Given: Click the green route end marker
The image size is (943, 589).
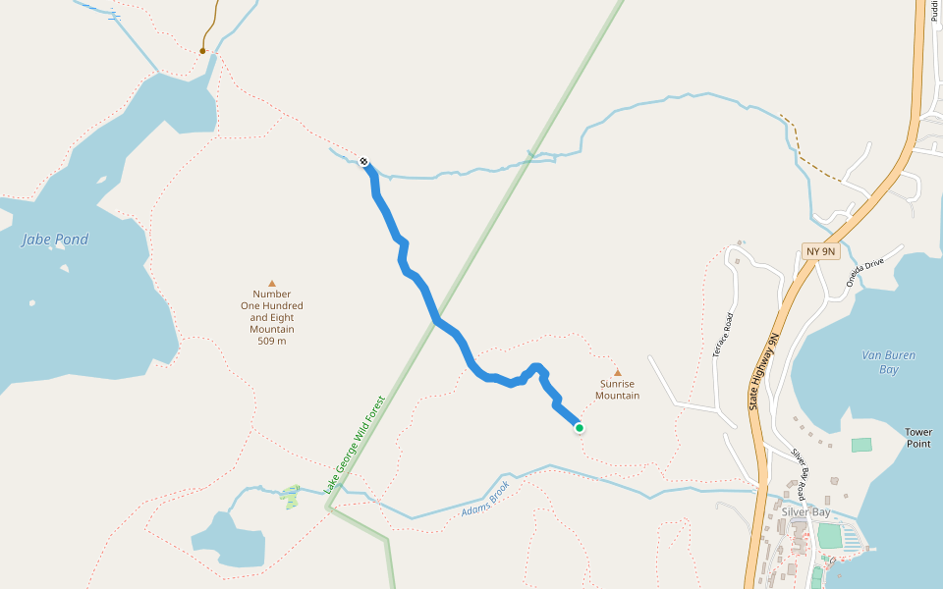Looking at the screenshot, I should click(580, 427).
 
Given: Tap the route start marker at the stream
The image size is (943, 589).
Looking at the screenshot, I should click(364, 161).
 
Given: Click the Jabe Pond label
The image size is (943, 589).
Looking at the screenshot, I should click(55, 240).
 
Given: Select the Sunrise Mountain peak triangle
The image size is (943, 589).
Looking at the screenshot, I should click(618, 372).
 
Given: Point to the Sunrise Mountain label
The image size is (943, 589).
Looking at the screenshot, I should click(617, 390).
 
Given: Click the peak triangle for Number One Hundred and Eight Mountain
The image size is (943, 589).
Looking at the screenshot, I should click(272, 283).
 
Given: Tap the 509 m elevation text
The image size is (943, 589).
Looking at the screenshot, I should click(272, 342).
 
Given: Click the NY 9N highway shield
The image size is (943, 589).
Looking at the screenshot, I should click(820, 251).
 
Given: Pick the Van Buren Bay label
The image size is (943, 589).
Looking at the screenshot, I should click(880, 362).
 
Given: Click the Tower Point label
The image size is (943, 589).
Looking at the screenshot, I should click(918, 438).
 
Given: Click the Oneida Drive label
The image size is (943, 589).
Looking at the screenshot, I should click(866, 270).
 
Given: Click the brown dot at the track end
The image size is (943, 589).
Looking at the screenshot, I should click(203, 50).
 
